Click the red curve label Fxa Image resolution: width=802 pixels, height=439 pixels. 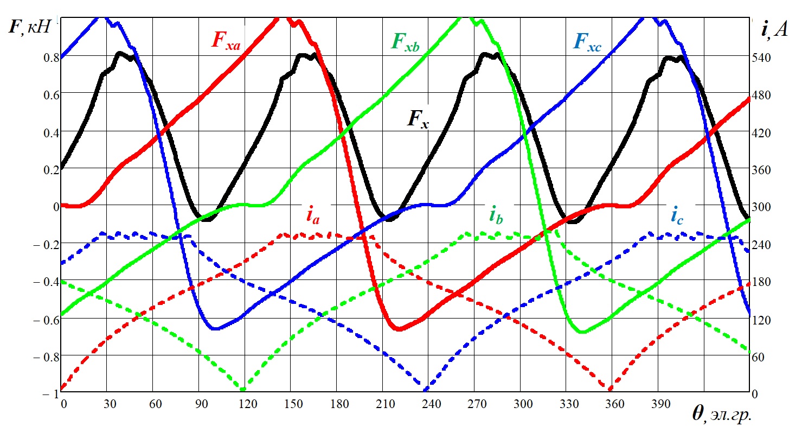[x=226, y=41]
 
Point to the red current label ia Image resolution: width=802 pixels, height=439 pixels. [x=312, y=216]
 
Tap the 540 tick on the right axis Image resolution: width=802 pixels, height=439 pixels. [x=762, y=58]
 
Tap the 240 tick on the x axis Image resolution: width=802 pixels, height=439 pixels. [x=428, y=404]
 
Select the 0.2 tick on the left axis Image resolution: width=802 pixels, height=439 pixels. [x=46, y=169]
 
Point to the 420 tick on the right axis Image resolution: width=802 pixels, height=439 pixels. [x=762, y=132]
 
